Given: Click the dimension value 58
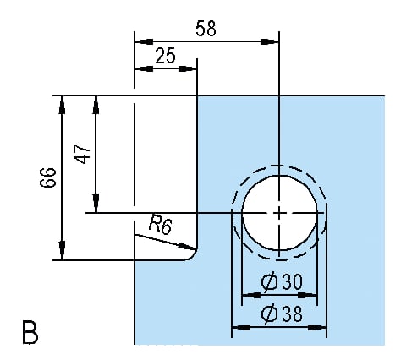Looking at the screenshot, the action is (x=206, y=29).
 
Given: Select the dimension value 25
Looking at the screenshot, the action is (x=166, y=56).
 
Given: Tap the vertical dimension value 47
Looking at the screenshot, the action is (x=82, y=154).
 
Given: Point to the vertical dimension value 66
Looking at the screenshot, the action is (x=48, y=177).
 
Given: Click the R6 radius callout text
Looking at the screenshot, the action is (x=160, y=225).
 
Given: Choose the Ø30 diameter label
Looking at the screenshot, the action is (x=282, y=282).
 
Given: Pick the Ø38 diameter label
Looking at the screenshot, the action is (x=282, y=314).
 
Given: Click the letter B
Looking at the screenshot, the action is (x=30, y=332).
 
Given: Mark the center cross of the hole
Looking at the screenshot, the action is (x=279, y=213).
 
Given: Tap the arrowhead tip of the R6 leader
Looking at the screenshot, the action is (x=196, y=249).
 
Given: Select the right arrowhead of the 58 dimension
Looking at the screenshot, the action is (x=270, y=42).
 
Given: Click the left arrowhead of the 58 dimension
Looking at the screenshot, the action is (x=144, y=42).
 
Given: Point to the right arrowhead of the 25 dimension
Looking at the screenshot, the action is (x=188, y=68).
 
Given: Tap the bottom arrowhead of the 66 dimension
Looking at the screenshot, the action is (x=63, y=251).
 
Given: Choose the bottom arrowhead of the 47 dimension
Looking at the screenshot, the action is (x=96, y=203).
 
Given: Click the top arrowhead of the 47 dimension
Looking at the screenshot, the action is (x=96, y=105).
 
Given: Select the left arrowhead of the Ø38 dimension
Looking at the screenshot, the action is (x=241, y=328).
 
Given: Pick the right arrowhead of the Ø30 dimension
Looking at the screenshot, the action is (x=308, y=295).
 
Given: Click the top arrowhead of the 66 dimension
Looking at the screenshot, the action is (x=63, y=105).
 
